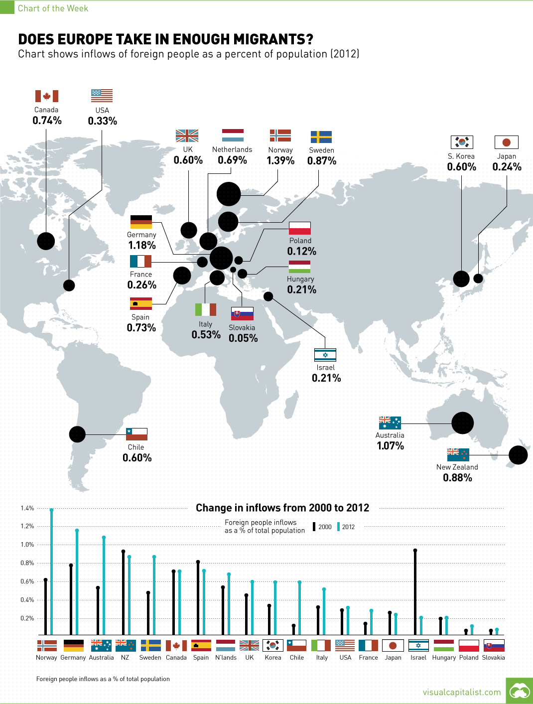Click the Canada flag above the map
(47, 96)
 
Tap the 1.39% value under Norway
(280, 160)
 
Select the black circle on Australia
(462, 423)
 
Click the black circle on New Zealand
(518, 455)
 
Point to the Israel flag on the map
(325, 355)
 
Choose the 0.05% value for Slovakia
(243, 338)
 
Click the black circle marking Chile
(77, 434)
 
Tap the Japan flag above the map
(507, 142)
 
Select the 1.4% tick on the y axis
(27, 508)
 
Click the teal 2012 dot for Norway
(52, 510)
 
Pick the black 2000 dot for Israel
(415, 551)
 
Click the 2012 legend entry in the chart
(348, 527)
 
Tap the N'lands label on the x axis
(226, 658)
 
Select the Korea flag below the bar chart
(273, 646)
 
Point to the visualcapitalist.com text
(462, 692)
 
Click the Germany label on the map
(141, 235)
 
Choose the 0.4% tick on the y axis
(27, 600)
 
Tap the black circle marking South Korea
(461, 279)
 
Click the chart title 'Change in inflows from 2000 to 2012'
(282, 508)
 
